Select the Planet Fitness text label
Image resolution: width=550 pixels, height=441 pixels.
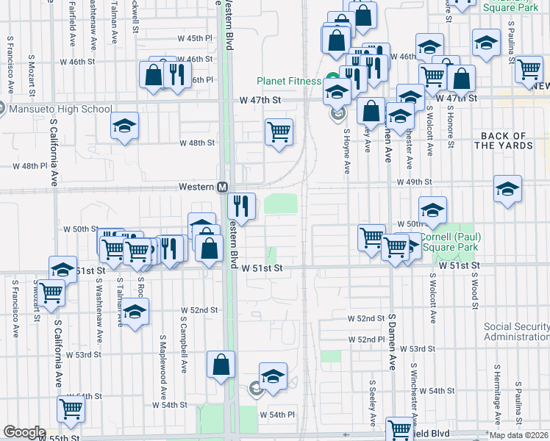[288, 81]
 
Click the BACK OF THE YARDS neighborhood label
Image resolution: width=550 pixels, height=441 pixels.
[503, 140]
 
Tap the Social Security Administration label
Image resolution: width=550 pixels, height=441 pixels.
[516, 332]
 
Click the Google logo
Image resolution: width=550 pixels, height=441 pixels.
[24, 432]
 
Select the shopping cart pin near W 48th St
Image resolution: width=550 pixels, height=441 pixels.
[279, 132]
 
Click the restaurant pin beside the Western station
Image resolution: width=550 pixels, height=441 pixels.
[241, 205]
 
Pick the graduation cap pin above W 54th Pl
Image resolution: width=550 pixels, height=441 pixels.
[273, 376]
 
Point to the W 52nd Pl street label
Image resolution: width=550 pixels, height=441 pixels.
[367, 339]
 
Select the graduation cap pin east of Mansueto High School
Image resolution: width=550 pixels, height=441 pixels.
[125, 126]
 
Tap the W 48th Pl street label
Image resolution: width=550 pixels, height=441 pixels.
[29, 166]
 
